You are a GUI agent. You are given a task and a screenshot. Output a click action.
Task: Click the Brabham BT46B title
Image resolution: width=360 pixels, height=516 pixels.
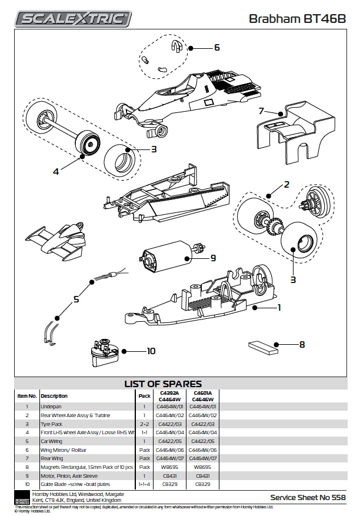click(296, 19)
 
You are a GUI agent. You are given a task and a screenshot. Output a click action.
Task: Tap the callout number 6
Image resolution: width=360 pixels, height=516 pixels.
click(216, 47)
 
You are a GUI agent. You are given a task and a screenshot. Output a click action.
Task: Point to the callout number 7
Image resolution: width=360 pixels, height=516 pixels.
click(261, 111)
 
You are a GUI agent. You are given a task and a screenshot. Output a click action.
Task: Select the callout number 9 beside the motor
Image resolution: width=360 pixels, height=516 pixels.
click(214, 258)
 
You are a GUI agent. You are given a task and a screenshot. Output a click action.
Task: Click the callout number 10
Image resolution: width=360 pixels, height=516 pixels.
click(151, 351)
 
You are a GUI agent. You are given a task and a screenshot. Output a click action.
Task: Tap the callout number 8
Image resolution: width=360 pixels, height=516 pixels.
click(302, 345)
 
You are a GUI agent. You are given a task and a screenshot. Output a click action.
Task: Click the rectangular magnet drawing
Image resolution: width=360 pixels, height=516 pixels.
click(262, 348)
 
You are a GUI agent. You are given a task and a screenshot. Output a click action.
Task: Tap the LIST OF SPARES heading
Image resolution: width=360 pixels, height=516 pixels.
click(163, 384)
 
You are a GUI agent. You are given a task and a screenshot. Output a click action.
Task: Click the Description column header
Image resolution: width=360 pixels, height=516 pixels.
click(54, 396)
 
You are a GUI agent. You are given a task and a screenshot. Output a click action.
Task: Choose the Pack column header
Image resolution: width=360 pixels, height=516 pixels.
click(144, 396)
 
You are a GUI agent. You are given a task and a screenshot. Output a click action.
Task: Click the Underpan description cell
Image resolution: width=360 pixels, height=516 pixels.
click(51, 406)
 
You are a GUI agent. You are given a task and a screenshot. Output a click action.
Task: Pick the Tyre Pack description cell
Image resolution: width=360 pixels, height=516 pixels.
click(52, 424)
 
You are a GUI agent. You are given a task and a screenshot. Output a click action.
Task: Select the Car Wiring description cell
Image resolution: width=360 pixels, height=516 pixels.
click(52, 441)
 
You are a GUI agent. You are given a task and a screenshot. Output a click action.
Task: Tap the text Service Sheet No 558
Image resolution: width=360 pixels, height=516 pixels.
click(308, 497)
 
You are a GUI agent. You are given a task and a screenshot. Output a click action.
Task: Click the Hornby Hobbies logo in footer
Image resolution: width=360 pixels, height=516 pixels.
click(22, 497)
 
